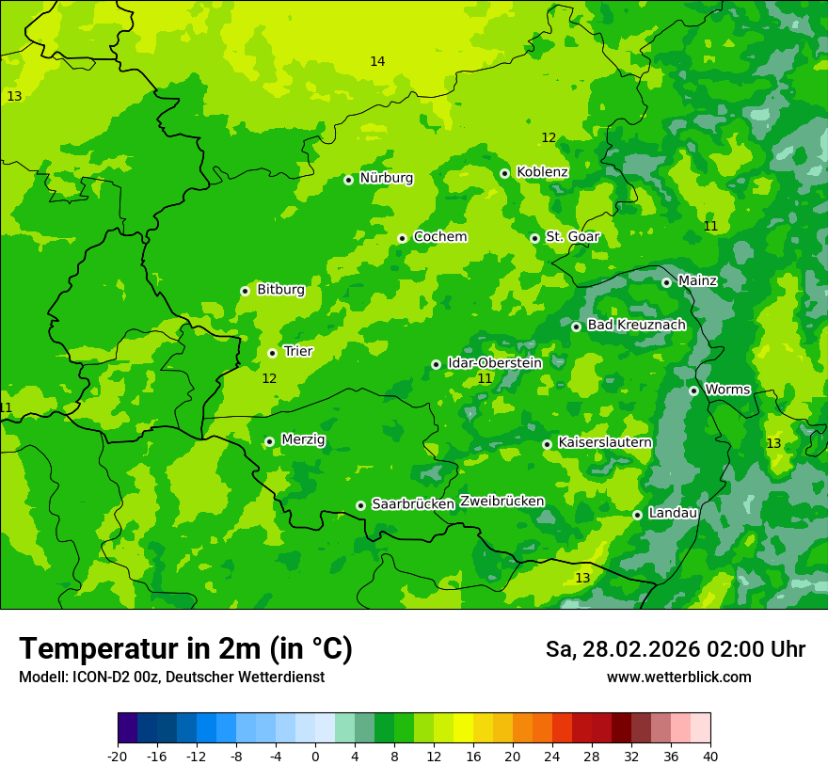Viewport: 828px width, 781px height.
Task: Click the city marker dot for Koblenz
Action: coord(505,173)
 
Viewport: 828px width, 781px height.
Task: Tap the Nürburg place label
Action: coord(386,178)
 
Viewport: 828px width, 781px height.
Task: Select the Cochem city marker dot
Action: coord(402,238)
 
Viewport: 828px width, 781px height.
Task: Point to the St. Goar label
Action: coord(572,237)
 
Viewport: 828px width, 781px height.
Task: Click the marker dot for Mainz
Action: coord(666,282)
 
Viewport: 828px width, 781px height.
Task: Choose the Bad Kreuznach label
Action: coord(636,326)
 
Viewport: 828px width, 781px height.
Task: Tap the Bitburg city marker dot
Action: coord(245,291)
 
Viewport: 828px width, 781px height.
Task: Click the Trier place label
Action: coord(298,352)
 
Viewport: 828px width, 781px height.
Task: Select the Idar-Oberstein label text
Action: coord(494,363)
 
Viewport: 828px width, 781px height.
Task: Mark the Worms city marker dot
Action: coord(693,390)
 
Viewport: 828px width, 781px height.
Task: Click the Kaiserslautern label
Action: coord(605,442)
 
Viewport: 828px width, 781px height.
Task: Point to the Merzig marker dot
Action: coord(269,441)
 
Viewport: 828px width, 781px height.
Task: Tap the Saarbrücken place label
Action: coord(413,504)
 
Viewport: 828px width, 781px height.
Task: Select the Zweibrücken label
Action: coord(502,502)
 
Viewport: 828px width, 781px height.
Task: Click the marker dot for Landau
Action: coord(637,515)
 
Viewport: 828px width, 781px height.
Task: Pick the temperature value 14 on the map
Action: coord(377,62)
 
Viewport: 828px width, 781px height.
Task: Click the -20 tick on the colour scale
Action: coord(118,757)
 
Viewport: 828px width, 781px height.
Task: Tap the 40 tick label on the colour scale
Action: coord(710,757)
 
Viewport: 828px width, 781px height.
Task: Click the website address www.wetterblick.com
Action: coord(678,677)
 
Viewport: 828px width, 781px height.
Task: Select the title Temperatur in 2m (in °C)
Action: coord(185,649)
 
